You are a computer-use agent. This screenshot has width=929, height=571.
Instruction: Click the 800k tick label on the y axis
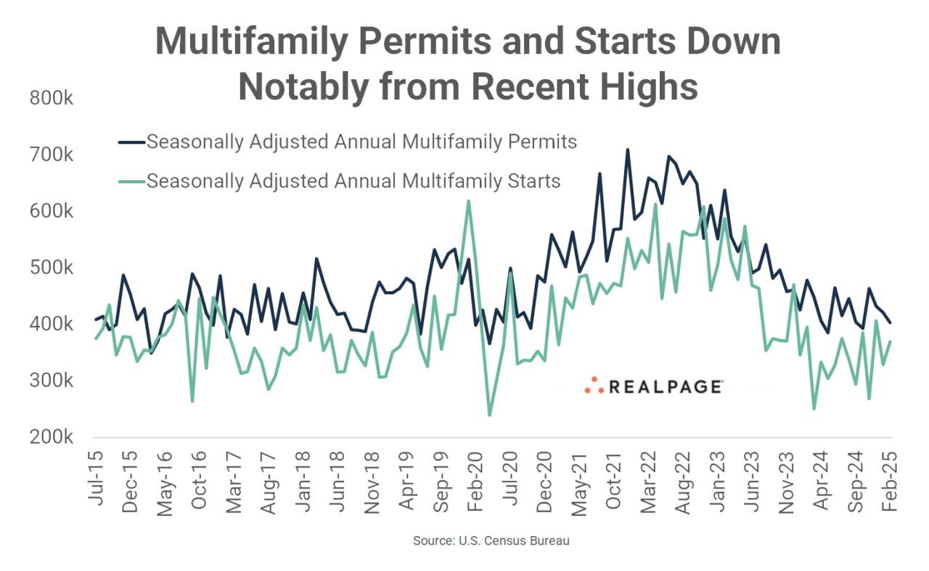(x=50, y=98)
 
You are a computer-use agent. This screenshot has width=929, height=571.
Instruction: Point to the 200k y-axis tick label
(x=50, y=437)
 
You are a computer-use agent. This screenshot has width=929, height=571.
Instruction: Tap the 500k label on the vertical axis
(x=50, y=267)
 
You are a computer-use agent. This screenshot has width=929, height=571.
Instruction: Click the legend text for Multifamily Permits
(x=361, y=142)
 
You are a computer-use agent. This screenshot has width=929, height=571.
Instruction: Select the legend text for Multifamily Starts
(x=353, y=180)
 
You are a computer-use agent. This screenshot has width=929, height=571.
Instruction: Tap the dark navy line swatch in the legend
(x=132, y=142)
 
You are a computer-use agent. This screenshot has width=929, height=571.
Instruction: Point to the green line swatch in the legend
(x=132, y=180)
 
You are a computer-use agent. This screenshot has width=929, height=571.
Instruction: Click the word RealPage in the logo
(x=664, y=387)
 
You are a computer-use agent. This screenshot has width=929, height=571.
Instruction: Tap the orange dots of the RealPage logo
(x=594, y=386)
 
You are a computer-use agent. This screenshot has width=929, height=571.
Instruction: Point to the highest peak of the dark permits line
(x=627, y=150)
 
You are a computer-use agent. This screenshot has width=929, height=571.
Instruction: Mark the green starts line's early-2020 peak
(x=468, y=201)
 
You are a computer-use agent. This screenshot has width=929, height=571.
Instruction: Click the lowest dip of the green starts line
(x=489, y=415)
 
